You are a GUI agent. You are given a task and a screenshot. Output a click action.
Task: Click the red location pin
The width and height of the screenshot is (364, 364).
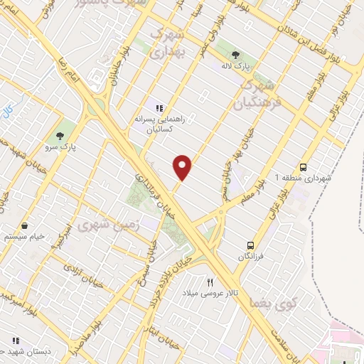[183, 166]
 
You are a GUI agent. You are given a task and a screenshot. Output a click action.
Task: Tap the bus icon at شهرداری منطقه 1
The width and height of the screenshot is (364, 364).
[304, 167]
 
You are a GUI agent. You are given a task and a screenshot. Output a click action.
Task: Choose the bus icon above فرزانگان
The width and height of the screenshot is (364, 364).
[250, 244]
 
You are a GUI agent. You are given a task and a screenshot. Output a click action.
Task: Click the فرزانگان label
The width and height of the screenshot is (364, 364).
[250, 256]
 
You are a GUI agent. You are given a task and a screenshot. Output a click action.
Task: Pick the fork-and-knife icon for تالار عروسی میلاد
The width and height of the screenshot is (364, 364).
[210, 282]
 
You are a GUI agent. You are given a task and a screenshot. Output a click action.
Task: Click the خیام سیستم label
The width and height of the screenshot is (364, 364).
[26, 237]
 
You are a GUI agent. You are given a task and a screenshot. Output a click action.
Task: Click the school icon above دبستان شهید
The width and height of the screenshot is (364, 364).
[14, 339]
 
